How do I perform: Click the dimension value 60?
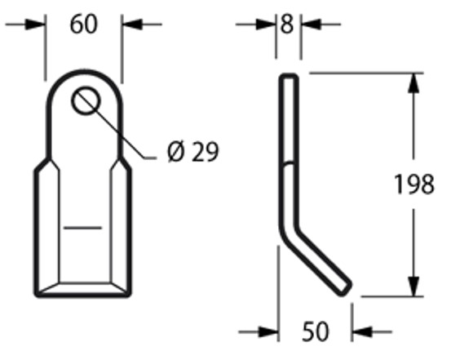tap(84, 24)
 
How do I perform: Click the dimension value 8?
tap(287, 24)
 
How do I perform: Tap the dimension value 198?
tap(414, 184)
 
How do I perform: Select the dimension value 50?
tap(316, 331)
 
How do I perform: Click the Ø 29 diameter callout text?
tap(193, 152)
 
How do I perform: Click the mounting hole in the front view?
tap(86, 100)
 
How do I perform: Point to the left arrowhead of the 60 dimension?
tap(35, 24)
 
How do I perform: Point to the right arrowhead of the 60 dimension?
tap(132, 24)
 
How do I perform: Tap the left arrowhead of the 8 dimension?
tap(266, 24)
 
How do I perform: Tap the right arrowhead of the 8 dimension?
tap(312, 24)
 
